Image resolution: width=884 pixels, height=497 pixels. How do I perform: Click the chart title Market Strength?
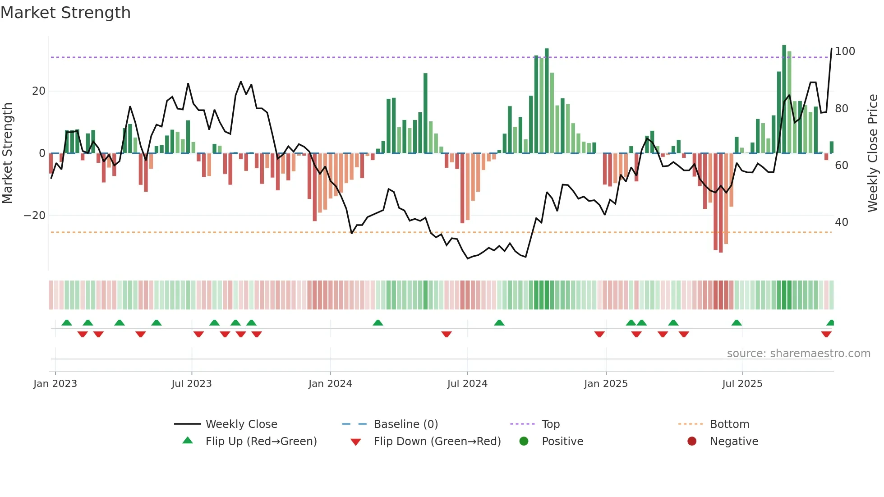(65, 13)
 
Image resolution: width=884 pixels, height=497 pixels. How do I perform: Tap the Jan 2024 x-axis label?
(330, 384)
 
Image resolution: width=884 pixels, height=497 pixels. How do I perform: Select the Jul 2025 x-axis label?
(742, 384)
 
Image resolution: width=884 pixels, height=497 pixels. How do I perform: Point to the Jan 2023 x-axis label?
(55, 384)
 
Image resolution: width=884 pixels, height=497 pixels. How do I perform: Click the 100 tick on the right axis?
(844, 51)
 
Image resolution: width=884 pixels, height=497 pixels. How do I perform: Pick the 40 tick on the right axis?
(841, 222)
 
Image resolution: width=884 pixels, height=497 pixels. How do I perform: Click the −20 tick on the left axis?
(35, 216)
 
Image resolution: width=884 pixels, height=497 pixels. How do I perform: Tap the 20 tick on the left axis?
(38, 91)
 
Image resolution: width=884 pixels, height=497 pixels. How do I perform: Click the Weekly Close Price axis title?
(873, 153)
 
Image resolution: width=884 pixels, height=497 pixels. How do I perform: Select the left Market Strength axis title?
(7, 153)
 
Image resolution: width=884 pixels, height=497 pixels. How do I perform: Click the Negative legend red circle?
(692, 441)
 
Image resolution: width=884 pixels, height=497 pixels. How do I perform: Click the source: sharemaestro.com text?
(798, 354)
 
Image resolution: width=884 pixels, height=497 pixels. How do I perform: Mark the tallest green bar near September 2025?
(784, 99)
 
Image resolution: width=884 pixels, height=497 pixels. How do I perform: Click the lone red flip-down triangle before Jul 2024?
(447, 334)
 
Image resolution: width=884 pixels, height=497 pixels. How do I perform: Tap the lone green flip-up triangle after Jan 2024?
(378, 322)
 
